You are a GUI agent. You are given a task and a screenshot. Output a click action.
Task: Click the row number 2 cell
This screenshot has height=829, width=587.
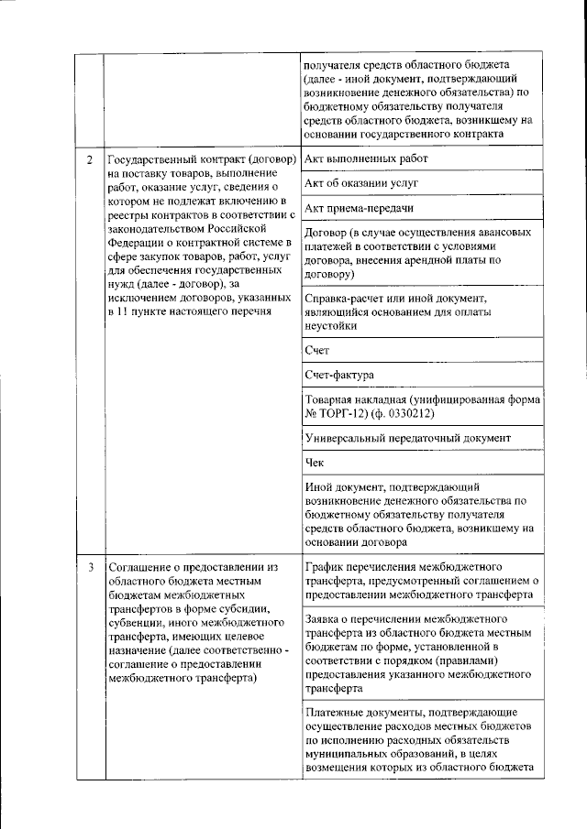point(89,161)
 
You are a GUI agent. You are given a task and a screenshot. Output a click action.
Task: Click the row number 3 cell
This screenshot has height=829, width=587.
point(89,567)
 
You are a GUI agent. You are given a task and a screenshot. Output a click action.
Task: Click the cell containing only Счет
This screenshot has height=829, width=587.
point(316,350)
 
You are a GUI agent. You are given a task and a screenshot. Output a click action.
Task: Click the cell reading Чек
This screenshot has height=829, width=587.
point(314,463)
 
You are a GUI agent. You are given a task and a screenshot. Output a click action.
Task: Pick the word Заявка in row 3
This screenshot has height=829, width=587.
point(324,620)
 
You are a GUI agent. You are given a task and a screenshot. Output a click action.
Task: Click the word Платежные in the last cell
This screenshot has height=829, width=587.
point(335,712)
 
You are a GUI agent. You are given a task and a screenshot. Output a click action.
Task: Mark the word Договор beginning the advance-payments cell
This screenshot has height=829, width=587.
point(328,234)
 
